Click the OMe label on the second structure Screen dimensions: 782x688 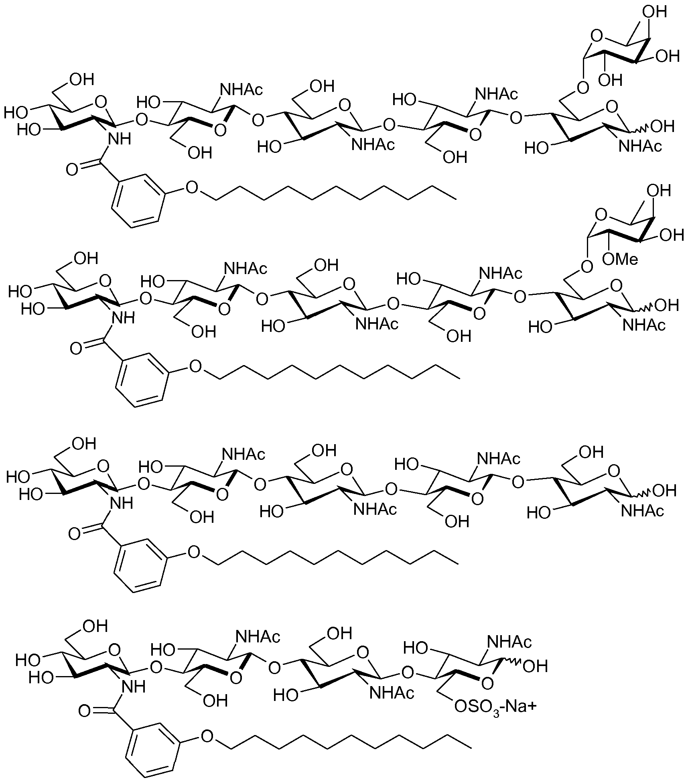click(x=620, y=259)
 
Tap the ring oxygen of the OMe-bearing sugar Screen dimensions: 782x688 click(x=600, y=215)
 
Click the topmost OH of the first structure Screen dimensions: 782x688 click(x=654, y=12)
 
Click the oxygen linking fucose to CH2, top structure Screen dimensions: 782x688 click(x=582, y=87)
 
